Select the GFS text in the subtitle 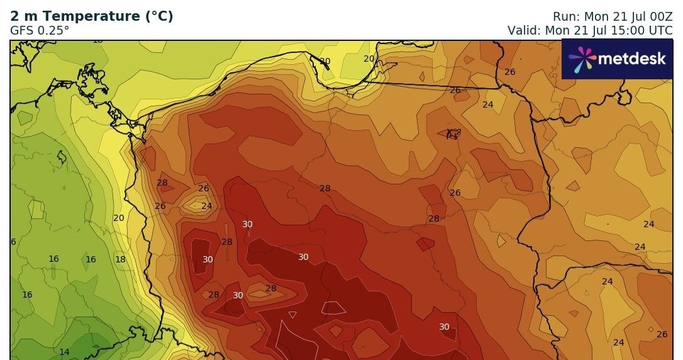pyautogui.click(x=23, y=30)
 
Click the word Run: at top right pyautogui.click(x=567, y=16)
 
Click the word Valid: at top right pyautogui.click(x=525, y=30)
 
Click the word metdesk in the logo pyautogui.click(x=631, y=59)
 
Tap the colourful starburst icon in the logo pyautogui.click(x=582, y=59)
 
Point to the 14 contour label pyautogui.click(x=64, y=352)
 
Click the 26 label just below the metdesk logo pyautogui.click(x=510, y=72)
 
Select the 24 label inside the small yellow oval pyautogui.click(x=207, y=206)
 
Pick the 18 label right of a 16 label pyautogui.click(x=120, y=259)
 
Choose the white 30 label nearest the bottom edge pyautogui.click(x=444, y=327)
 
